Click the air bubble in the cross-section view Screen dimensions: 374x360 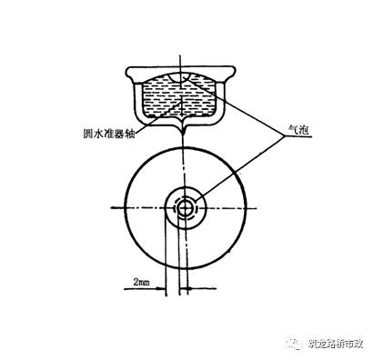[191, 82]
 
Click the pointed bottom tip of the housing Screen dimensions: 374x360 [185, 136]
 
